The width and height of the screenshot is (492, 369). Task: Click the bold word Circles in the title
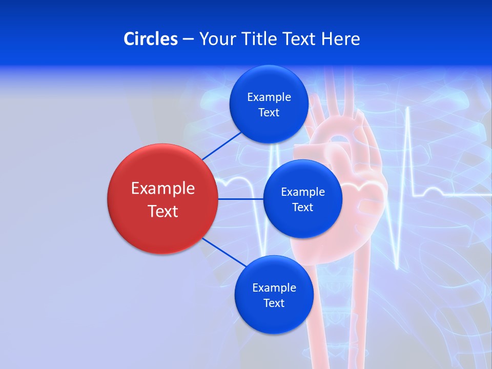151,39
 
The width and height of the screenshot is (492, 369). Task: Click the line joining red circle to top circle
221,146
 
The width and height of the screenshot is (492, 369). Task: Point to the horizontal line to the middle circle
240,199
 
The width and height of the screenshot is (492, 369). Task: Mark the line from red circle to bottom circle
224,252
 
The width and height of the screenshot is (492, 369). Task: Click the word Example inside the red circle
163,189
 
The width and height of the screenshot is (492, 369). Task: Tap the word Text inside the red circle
163,211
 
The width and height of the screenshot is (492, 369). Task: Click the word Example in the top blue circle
269,97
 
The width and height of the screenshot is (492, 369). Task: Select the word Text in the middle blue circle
302,208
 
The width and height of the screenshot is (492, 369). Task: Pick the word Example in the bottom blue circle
274,288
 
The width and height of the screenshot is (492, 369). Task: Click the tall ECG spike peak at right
408,109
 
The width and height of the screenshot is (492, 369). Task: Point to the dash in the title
188,39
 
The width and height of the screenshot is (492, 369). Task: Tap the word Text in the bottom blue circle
274,303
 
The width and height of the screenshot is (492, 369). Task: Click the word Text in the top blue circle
269,113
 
